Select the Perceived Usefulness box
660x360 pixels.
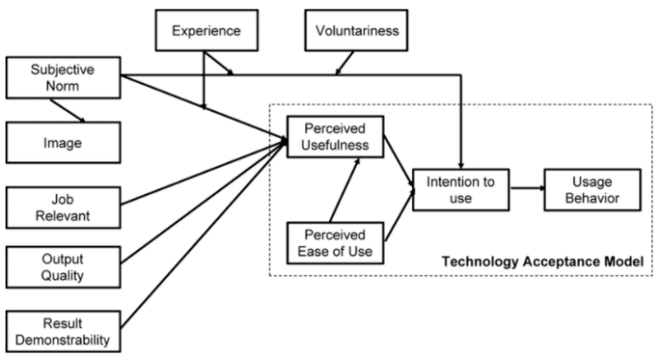click(325, 134)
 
